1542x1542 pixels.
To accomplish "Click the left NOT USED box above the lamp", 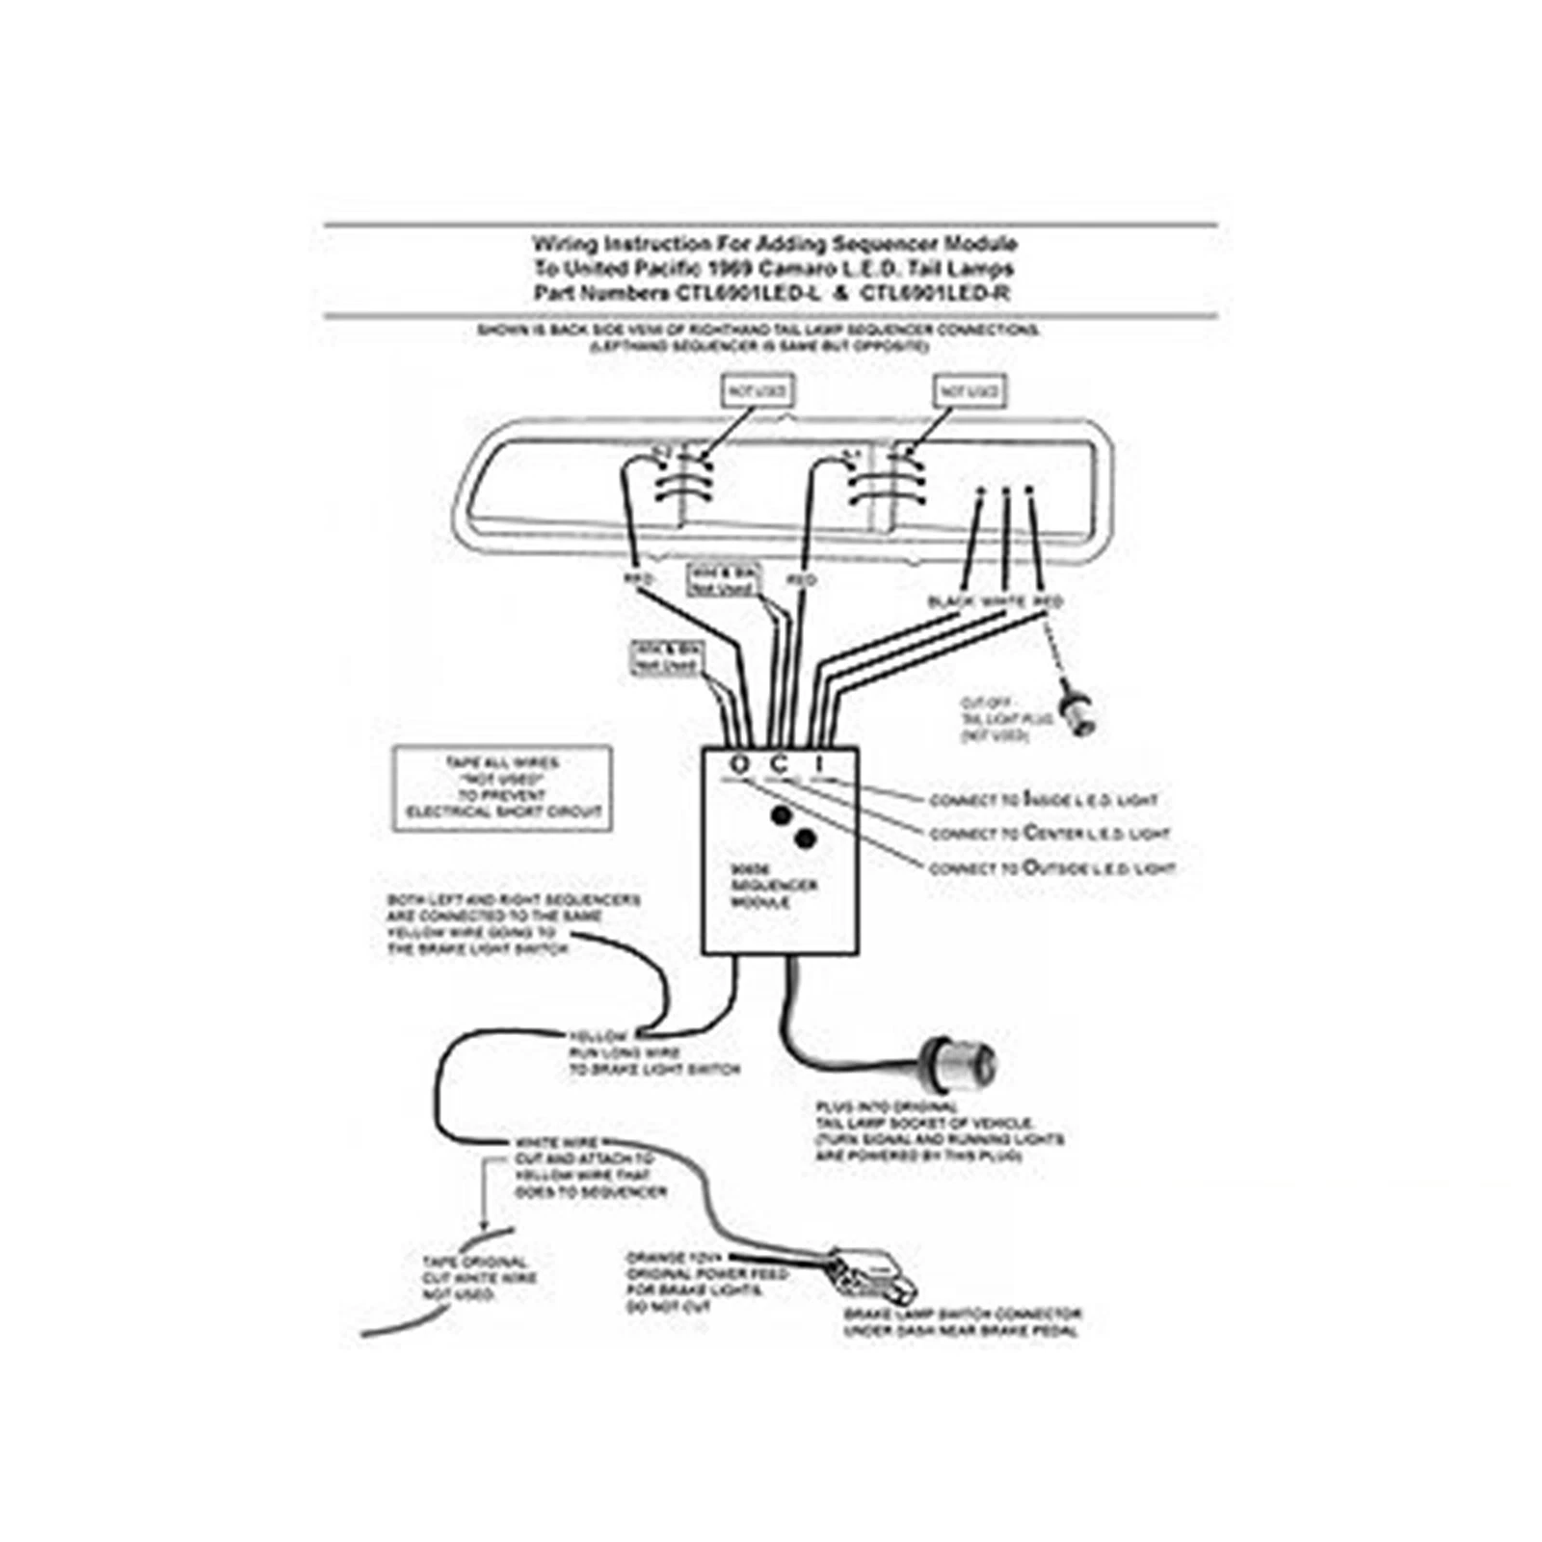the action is click(758, 391).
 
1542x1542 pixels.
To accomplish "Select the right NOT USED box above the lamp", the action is click(970, 391).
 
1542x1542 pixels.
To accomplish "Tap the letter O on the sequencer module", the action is click(739, 764).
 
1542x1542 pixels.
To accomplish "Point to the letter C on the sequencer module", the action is click(780, 764).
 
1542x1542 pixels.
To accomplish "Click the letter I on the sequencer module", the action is click(819, 764).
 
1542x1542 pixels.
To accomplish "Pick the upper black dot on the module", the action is click(782, 815).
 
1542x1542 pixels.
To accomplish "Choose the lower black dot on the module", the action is click(806, 839).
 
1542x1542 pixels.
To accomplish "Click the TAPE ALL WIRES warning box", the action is click(502, 787).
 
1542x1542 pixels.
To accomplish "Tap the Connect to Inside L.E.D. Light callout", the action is click(1043, 799).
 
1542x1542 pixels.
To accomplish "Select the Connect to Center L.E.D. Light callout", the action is click(1049, 833).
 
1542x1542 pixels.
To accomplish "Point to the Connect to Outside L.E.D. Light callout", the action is click(1051, 867).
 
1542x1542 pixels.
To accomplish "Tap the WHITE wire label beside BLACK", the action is click(1003, 601).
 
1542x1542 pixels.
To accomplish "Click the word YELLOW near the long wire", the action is click(599, 1037).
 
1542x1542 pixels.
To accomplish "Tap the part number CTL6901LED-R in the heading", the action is click(934, 292).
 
